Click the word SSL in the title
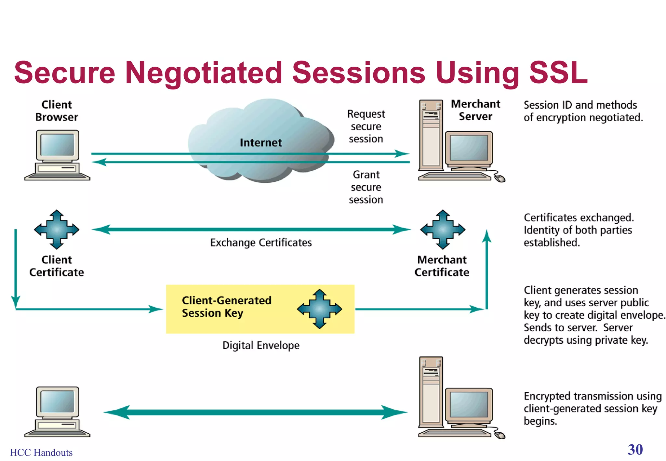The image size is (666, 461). (558, 72)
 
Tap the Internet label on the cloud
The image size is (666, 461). (261, 143)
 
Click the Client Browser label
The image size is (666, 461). (57, 111)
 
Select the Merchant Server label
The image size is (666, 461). (475, 110)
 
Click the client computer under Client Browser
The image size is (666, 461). (57, 155)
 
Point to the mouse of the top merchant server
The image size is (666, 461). (500, 178)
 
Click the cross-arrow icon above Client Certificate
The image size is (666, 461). (57, 230)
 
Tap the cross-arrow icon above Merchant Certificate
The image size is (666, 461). (443, 230)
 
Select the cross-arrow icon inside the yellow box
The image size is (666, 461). (319, 309)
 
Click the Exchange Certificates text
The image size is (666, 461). (261, 243)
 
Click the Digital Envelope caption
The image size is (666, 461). (261, 345)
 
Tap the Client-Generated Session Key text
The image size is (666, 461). (226, 307)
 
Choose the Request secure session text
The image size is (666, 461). (366, 126)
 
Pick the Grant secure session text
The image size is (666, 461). (366, 187)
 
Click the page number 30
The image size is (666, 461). (635, 450)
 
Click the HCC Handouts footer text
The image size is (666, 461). (41, 453)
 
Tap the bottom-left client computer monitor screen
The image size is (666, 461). (58, 402)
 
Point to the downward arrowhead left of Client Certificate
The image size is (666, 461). (16, 302)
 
